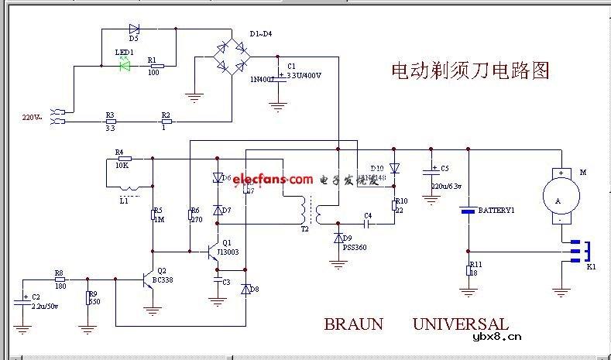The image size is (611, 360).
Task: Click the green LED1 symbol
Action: pos(124,67)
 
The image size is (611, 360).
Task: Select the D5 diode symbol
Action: pos(134,29)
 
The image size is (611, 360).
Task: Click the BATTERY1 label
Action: pos(496,211)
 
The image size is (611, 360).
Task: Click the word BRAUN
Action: pos(353,324)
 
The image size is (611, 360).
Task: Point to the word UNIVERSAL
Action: pos(460,324)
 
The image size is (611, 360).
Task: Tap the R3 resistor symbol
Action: pos(110,121)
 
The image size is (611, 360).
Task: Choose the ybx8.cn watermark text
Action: pos(496,336)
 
